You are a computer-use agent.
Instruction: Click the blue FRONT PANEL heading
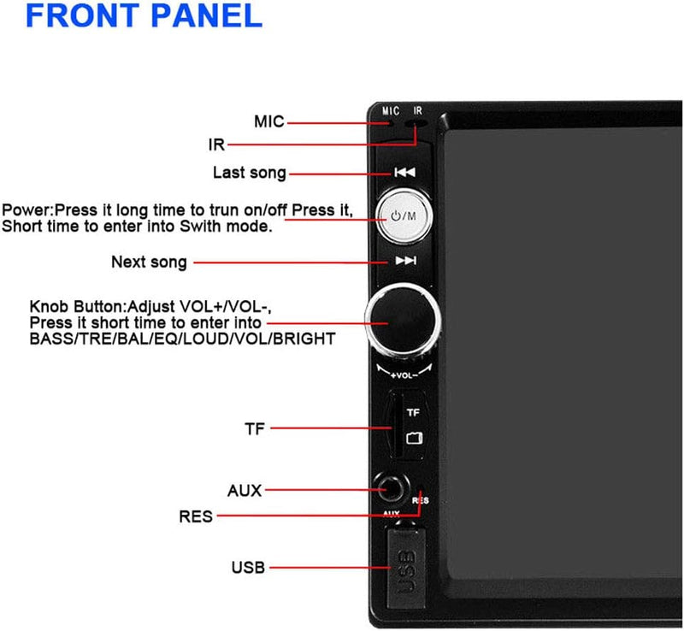(x=144, y=15)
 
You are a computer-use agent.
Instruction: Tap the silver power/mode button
(x=404, y=216)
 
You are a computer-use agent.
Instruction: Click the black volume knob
(x=403, y=321)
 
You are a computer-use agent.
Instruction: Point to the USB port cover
(x=406, y=569)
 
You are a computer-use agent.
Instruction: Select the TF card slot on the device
(x=397, y=425)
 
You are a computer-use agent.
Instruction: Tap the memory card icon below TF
(x=414, y=438)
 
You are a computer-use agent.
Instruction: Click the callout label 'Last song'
(x=249, y=173)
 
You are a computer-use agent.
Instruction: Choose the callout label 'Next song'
(x=149, y=262)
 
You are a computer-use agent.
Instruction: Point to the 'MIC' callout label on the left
(x=268, y=121)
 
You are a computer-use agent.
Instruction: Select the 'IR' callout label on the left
(x=216, y=144)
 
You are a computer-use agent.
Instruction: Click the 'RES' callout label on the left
(x=196, y=516)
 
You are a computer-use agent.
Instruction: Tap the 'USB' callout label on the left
(x=248, y=567)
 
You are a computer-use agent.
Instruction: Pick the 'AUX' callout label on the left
(x=245, y=491)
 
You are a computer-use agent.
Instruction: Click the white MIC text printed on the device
(x=391, y=111)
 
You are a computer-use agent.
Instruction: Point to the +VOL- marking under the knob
(x=404, y=375)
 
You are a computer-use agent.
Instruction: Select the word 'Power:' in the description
(x=27, y=209)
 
